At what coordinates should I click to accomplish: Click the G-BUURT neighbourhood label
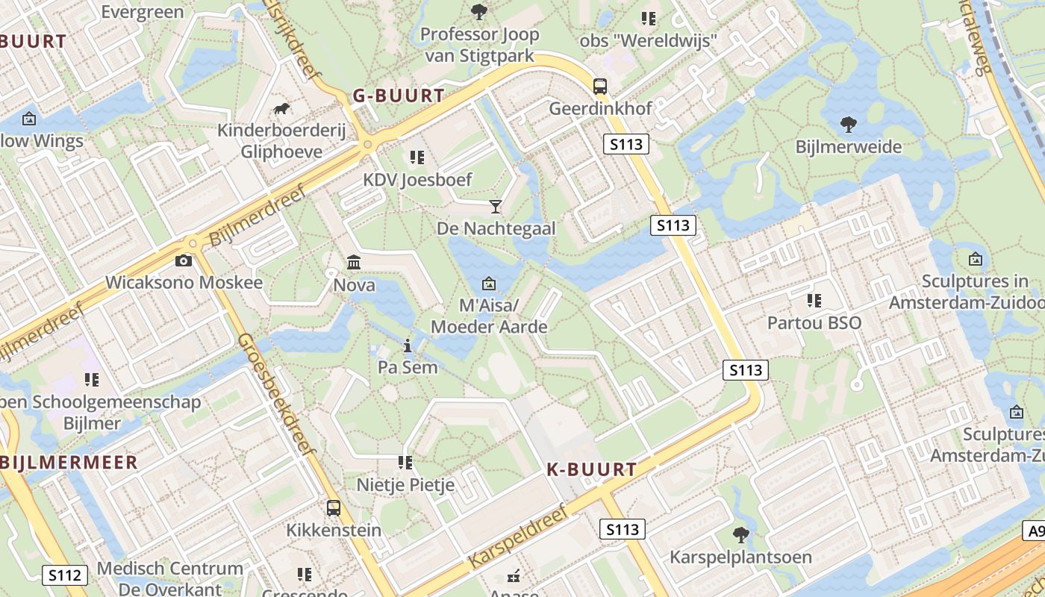(399, 96)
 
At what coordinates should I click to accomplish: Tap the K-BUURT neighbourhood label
(592, 469)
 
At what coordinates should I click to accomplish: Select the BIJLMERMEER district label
(69, 463)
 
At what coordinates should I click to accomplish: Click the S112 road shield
(64, 575)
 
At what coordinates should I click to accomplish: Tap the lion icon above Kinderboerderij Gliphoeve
(281, 110)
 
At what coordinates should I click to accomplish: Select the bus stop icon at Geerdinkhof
(600, 86)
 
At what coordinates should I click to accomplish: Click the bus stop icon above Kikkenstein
(334, 508)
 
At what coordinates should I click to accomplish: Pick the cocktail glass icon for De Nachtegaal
(496, 206)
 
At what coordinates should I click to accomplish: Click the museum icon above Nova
(354, 263)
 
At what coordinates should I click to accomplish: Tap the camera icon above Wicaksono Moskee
(183, 260)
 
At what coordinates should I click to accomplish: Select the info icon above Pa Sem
(408, 346)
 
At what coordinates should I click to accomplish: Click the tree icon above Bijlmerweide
(848, 124)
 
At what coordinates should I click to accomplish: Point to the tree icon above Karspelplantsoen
(740, 534)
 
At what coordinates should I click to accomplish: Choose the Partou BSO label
(814, 323)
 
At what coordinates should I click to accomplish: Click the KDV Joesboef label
(417, 180)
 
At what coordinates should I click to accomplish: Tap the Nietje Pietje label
(405, 485)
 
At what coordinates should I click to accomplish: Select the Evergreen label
(142, 12)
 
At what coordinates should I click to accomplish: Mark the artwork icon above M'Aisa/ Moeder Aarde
(489, 284)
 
